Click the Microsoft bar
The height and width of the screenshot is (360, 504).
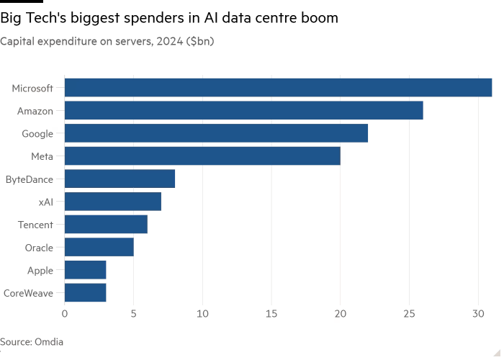pos(278,88)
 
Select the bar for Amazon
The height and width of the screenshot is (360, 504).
pos(243,111)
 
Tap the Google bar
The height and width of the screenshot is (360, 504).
pos(216,133)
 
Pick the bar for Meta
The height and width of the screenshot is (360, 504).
pos(202,156)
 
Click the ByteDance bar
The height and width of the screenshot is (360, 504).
pos(120,179)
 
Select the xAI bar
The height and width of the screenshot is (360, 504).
pos(112,202)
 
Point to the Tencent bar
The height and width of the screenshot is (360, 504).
pos(106,225)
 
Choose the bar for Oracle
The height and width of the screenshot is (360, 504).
pos(99,247)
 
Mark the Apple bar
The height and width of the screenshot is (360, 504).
pos(85,270)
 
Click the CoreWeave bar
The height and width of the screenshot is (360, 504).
pos(85,293)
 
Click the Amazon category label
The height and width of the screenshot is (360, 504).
pos(35,111)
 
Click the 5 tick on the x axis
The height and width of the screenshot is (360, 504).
pos(133,314)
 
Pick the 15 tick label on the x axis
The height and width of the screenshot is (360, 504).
pos(271,314)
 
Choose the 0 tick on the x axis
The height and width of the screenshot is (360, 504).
pos(65,314)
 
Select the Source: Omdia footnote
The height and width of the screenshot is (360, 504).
pos(32,342)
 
